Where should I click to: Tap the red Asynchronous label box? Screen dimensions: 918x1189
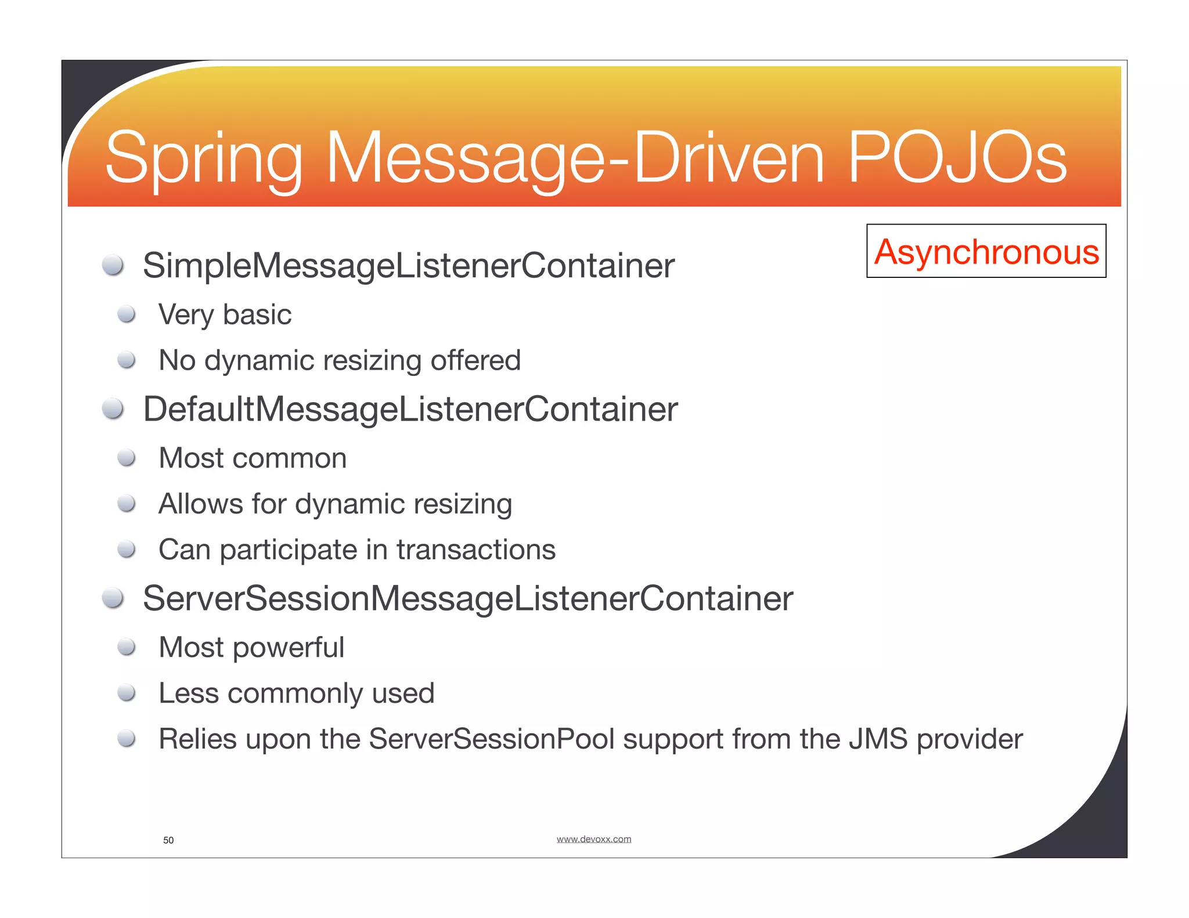[986, 251]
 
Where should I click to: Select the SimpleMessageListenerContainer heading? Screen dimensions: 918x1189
[409, 266]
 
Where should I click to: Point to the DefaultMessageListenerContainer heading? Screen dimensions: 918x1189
[410, 409]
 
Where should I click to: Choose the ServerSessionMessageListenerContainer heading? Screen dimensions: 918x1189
[468, 598]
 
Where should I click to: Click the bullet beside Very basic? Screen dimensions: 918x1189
[126, 315]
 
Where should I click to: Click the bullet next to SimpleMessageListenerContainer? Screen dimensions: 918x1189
[113, 265]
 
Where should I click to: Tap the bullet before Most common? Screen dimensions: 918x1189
[126, 458]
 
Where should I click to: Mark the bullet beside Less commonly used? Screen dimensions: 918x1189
[126, 692]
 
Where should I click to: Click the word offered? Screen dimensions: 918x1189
[475, 360]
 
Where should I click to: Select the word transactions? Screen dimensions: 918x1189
[476, 550]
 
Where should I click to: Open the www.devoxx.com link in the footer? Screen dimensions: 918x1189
[594, 839]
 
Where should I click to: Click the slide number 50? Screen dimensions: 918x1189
[168, 840]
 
